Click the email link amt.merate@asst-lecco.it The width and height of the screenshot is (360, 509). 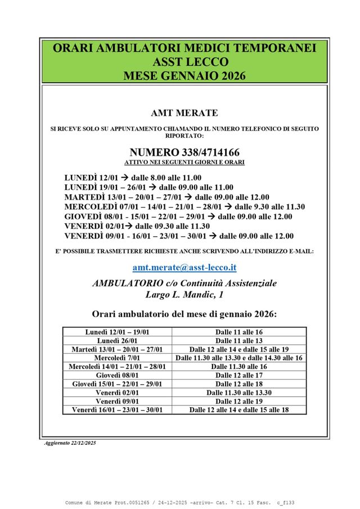click(184, 268)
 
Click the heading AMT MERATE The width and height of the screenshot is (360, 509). click(184, 113)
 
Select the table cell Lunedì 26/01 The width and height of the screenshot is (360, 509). click(117, 341)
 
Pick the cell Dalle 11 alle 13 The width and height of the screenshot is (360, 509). click(239, 341)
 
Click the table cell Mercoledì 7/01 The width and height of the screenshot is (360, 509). click(117, 358)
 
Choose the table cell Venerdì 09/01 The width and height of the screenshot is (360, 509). click(117, 402)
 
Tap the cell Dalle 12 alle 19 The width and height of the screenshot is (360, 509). click(239, 402)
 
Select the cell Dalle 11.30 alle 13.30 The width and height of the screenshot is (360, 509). click(239, 393)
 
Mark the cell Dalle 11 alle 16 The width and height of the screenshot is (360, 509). click(239, 332)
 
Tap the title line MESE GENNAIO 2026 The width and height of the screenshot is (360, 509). click(184, 75)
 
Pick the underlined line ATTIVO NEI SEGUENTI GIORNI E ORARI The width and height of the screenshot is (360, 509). click(184, 162)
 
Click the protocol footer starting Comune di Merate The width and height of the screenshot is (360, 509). click(184, 502)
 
